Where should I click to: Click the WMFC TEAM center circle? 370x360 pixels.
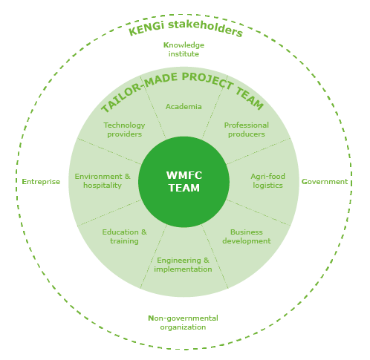pos(184,182)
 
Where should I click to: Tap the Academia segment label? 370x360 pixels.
pos(184,107)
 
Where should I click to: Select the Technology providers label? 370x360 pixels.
pos(124,130)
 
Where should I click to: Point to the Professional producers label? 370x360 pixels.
pos(247,130)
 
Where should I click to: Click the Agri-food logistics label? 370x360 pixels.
pos(267,181)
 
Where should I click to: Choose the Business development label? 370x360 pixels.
pos(247,237)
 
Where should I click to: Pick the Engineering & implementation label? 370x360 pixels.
pos(183,265)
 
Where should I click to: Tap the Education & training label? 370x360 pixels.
pos(124,237)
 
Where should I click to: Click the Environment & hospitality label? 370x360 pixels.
pos(103,181)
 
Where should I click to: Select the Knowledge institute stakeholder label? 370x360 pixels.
pos(184,50)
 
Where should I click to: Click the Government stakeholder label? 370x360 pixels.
pos(325,182)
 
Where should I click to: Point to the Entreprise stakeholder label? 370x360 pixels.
pos(41,182)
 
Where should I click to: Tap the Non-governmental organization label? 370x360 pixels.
pos(183,323)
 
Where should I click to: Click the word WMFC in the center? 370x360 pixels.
pos(184,175)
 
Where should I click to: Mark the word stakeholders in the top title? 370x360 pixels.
pos(205,27)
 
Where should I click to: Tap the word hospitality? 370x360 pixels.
pos(103,186)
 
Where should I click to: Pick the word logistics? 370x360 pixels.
pos(267,186)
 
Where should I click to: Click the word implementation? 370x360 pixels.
pos(183,269)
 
